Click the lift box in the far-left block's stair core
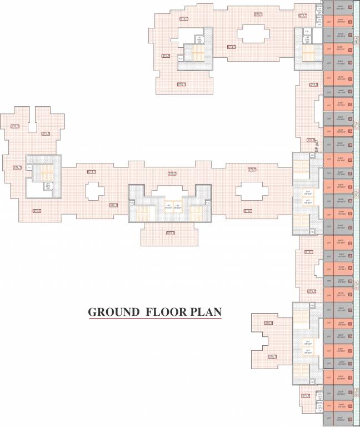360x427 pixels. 48,185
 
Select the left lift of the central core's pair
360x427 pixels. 167,206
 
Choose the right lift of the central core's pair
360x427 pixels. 177,206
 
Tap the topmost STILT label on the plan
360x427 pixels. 258,14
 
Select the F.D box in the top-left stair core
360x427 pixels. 181,58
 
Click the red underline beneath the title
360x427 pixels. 154,319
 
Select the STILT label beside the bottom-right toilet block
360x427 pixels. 305,396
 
